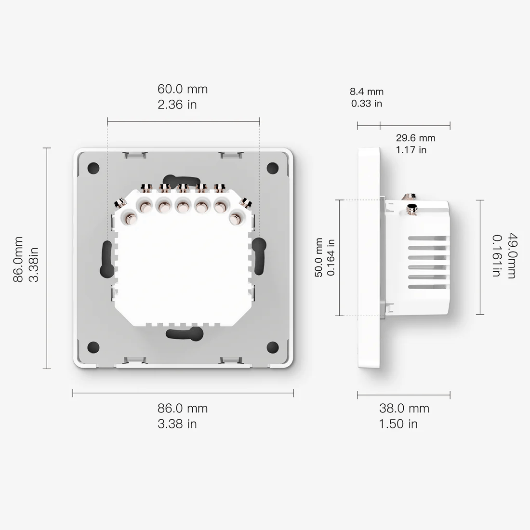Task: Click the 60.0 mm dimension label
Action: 182,89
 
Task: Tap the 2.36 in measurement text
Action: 177,105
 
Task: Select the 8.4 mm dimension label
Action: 367,92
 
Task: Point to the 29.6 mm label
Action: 415,138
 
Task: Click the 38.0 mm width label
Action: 404,409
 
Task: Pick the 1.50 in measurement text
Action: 398,424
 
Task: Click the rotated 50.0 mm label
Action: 319,258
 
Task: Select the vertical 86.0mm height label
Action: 18,259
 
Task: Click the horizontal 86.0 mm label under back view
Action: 182,409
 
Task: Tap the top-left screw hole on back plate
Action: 93,168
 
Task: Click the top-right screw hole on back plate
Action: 273,168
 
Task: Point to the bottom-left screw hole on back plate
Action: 93,347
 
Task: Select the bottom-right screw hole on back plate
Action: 273,347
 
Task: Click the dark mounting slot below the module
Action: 184,333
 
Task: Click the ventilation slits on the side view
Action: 427,263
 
